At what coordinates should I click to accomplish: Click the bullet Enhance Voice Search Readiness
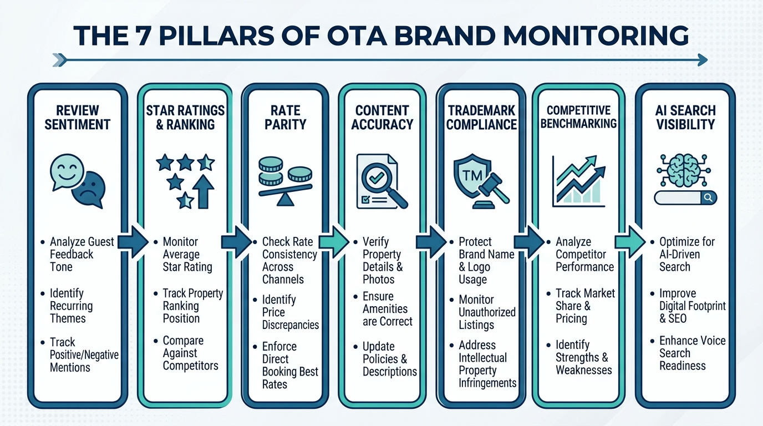click(692, 353)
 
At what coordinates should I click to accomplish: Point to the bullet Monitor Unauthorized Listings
click(487, 312)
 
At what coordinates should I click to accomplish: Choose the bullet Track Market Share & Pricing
click(585, 306)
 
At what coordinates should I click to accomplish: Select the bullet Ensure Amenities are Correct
click(388, 309)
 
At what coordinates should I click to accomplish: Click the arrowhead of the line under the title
click(703, 59)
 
